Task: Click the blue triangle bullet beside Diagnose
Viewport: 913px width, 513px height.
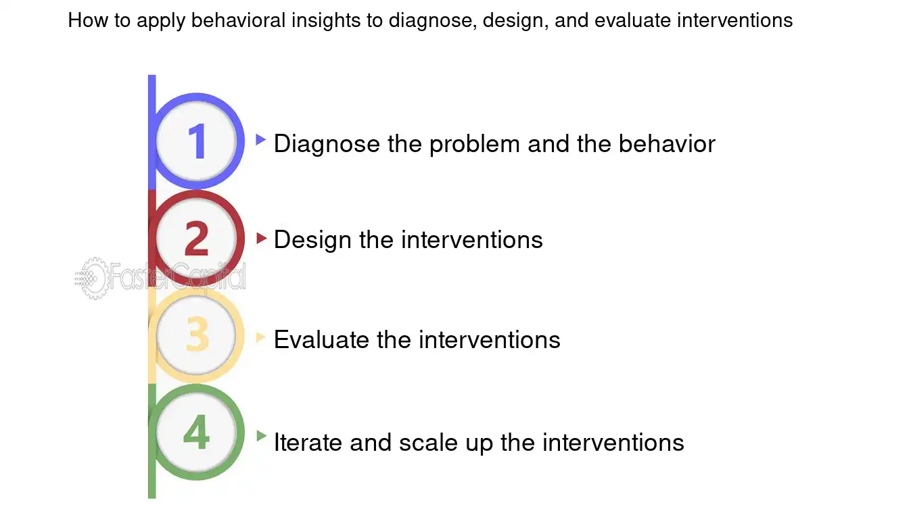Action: (260, 140)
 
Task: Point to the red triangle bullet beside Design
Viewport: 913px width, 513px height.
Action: (262, 238)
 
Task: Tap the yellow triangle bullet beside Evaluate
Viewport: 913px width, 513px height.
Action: (261, 337)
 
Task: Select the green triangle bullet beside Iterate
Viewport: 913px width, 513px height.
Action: (262, 436)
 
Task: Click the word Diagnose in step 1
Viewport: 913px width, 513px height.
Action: (327, 144)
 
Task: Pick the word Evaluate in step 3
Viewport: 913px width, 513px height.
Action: (322, 339)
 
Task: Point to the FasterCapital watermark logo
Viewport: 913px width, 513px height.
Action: (160, 277)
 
